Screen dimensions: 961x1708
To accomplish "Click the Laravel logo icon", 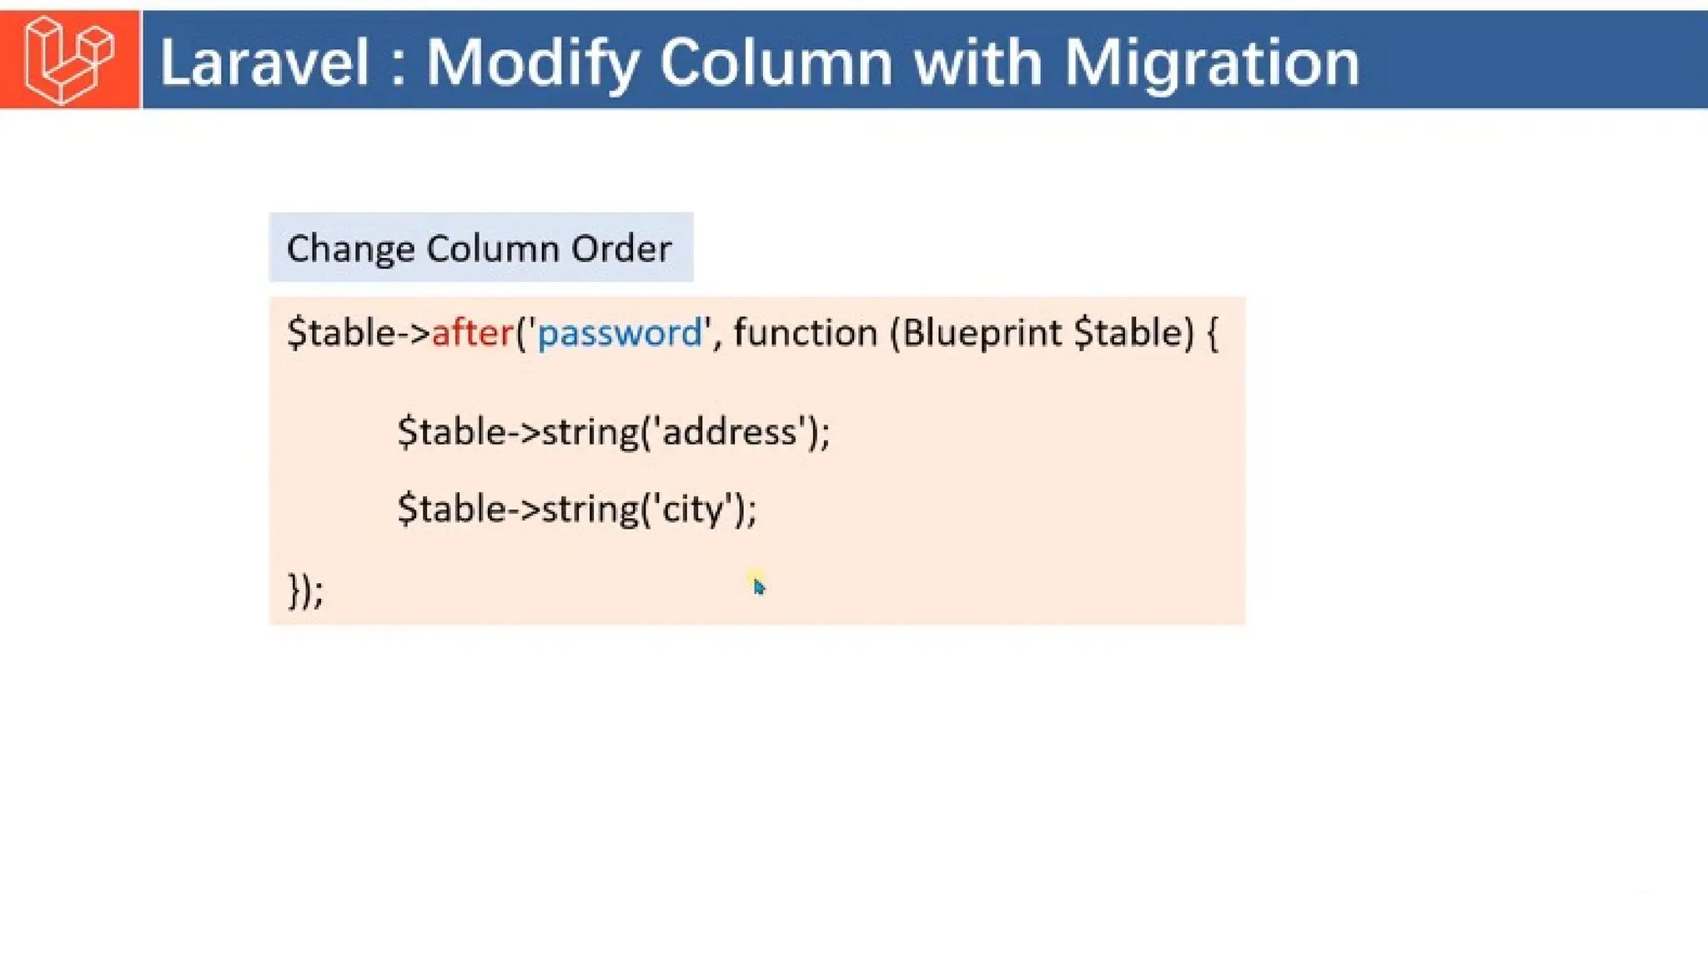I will (x=69, y=60).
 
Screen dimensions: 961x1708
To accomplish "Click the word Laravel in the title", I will (x=264, y=63).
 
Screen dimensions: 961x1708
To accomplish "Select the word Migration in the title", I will (x=1212, y=63).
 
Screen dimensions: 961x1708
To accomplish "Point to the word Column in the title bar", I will (x=776, y=63).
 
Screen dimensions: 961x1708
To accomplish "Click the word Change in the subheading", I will (x=350, y=249).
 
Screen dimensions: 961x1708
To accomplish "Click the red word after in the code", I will (x=472, y=333).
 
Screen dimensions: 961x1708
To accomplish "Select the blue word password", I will (x=620, y=334).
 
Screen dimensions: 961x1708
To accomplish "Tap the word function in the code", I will (x=805, y=333).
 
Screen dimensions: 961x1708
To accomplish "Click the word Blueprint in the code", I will (x=982, y=333).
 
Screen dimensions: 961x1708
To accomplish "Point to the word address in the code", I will (x=729, y=432).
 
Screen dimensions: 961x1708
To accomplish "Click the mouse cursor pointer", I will (x=758, y=586).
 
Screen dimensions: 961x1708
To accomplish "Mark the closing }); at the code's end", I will (x=305, y=591).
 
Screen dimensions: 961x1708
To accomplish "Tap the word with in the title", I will (x=978, y=63).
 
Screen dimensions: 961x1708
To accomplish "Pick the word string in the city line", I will (x=590, y=509).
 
